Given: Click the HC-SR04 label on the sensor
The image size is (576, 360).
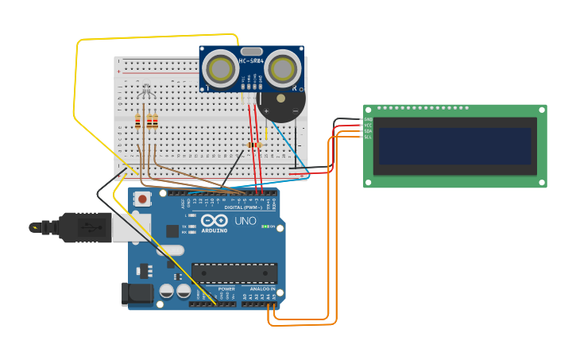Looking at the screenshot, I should pyautogui.click(x=251, y=60).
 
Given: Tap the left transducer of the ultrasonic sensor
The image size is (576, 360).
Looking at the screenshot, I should pyautogui.click(x=218, y=70).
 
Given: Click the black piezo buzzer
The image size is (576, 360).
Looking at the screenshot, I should pyautogui.click(x=280, y=103).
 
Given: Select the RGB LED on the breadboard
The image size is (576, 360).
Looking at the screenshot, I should pyautogui.click(x=146, y=93).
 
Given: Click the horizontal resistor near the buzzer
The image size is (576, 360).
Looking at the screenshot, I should pyautogui.click(x=254, y=145).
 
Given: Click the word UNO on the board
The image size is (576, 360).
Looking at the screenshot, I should pyautogui.click(x=245, y=220).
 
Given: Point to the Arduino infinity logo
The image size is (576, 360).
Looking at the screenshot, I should pyautogui.click(x=214, y=220).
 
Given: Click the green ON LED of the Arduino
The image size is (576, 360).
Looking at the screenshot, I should pyautogui.click(x=266, y=226).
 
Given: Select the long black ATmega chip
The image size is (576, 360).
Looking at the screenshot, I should pyautogui.click(x=234, y=273).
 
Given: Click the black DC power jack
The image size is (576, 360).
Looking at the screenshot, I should pyautogui.click(x=137, y=294).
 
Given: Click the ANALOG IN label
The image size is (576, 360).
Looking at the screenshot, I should pyautogui.click(x=262, y=288).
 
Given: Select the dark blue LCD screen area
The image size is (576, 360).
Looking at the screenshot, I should pyautogui.click(x=454, y=146).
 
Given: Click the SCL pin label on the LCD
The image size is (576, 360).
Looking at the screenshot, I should pyautogui.click(x=368, y=137).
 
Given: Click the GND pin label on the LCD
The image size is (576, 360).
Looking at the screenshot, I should pyautogui.click(x=368, y=119).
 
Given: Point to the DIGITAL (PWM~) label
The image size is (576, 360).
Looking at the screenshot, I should pyautogui.click(x=244, y=207).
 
